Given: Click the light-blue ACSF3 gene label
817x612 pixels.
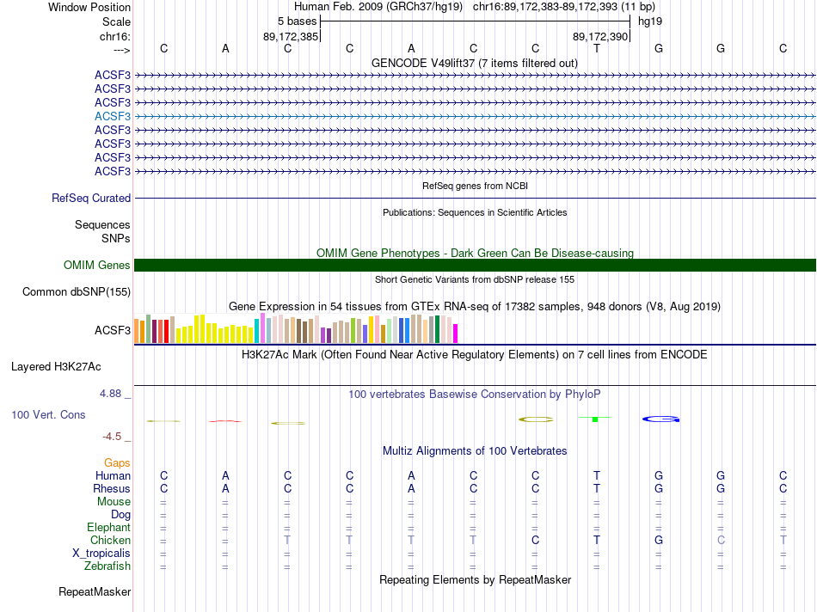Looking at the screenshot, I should [x=113, y=116].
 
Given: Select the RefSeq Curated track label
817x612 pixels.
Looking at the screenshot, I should [x=91, y=198].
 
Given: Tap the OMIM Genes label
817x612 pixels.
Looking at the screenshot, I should [x=97, y=266].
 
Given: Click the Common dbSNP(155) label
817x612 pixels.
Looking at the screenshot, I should [x=77, y=292].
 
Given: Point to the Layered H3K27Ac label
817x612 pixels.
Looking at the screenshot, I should [x=56, y=366].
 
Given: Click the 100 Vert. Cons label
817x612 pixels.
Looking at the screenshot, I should [x=48, y=414].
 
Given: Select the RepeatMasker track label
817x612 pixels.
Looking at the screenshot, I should [x=95, y=591].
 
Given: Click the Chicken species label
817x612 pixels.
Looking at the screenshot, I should [x=110, y=540].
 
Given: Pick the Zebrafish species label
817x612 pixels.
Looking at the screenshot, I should [x=107, y=566].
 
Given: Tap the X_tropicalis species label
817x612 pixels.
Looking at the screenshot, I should [x=101, y=553].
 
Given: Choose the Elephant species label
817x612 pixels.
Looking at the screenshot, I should [x=108, y=527].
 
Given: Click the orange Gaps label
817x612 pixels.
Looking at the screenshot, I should [x=117, y=462].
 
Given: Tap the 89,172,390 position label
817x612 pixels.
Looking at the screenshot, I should [x=600, y=36].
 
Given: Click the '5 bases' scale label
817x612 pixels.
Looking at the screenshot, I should [x=297, y=21].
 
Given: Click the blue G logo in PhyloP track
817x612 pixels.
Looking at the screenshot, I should [x=661, y=419].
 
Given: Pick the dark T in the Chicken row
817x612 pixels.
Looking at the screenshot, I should [x=597, y=540].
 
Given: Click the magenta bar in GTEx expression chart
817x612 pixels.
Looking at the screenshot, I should [x=455, y=333].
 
